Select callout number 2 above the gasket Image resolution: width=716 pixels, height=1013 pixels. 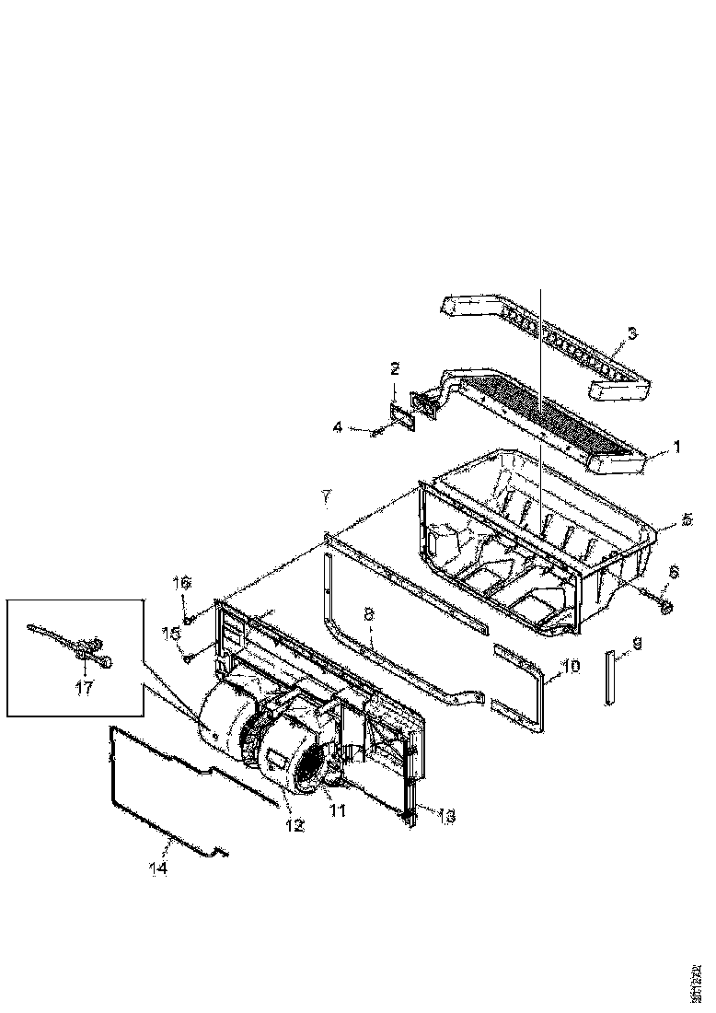395,369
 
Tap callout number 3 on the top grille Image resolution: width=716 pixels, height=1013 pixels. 632,332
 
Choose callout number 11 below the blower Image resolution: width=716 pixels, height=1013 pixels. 338,809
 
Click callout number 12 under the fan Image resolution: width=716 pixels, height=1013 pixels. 294,826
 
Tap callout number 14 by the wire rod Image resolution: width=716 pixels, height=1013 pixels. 159,867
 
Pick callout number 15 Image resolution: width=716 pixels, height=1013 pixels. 169,632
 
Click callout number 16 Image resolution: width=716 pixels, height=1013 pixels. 181,583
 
